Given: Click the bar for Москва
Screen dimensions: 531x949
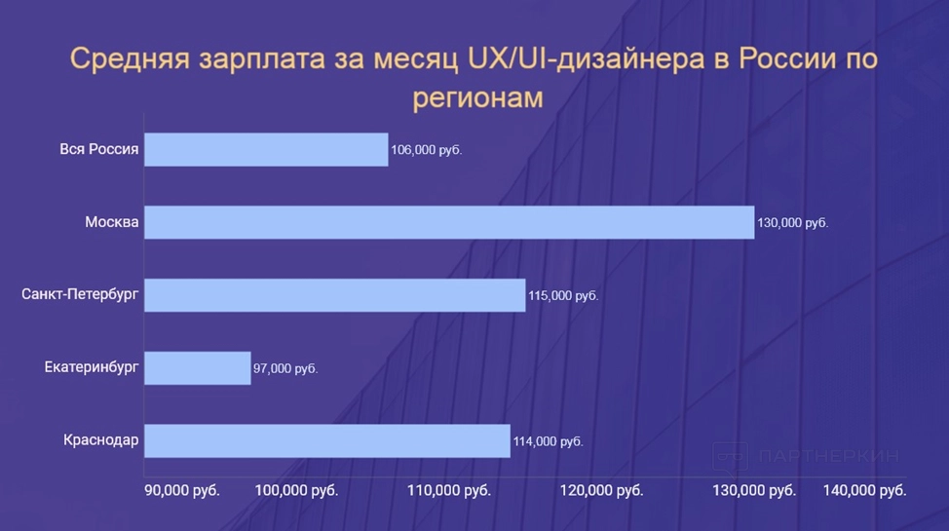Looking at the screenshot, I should (x=449, y=222).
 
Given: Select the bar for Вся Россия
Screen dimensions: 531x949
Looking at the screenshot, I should (x=266, y=150).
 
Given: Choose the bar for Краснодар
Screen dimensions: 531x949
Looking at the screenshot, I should (x=327, y=441).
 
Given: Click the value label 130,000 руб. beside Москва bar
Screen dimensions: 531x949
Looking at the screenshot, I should (x=792, y=223).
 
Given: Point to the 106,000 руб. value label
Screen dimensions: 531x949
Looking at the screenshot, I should (x=426, y=151).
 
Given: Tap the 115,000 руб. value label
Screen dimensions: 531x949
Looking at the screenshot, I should (x=563, y=296).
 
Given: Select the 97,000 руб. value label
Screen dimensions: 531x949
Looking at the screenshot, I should (x=286, y=369).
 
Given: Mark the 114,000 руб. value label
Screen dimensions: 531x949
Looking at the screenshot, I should (x=548, y=442).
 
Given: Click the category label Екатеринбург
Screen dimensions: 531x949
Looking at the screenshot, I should (x=92, y=368).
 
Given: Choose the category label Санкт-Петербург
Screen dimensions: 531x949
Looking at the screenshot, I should (x=81, y=295).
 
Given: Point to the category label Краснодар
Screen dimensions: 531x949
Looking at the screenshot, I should (x=101, y=441).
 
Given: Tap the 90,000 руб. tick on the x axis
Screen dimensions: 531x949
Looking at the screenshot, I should (x=182, y=490).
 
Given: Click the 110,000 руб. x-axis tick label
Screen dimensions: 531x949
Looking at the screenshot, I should (x=450, y=490).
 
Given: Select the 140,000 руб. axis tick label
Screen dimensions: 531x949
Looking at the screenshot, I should (x=865, y=490).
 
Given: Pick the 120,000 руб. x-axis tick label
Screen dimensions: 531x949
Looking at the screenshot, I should (x=602, y=490).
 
